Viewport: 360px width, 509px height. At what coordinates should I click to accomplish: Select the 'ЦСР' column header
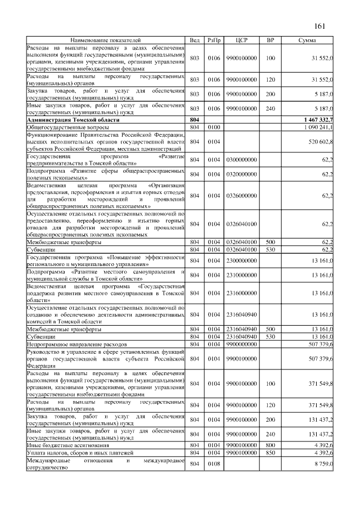click(x=241, y=40)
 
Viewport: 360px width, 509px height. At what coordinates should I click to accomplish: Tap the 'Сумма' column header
click(x=307, y=40)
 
